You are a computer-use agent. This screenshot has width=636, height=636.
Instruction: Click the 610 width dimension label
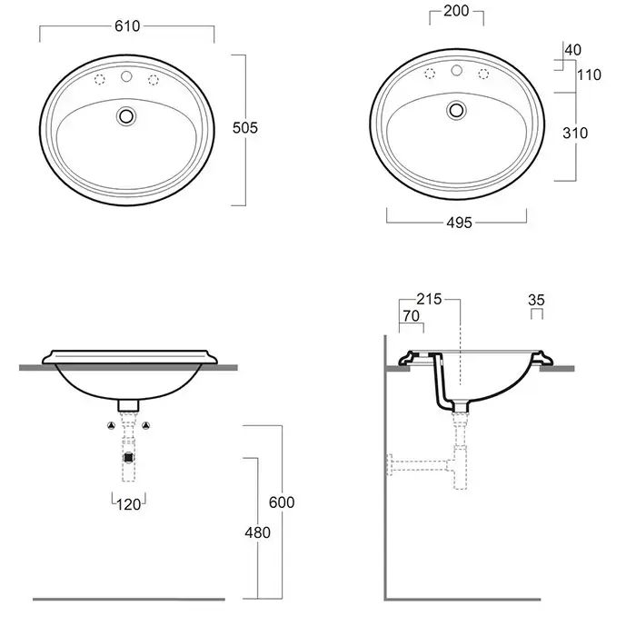coord(127,26)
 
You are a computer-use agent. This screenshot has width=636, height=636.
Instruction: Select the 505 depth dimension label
coord(245,128)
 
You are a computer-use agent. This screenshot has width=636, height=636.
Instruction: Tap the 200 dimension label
coord(456,11)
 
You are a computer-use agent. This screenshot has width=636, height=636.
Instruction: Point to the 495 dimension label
coord(459,223)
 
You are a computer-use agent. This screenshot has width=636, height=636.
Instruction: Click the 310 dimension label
coord(575,133)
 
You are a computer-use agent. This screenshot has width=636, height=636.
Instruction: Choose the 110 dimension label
coord(589,75)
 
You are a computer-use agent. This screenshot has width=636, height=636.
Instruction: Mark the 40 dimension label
coord(573,50)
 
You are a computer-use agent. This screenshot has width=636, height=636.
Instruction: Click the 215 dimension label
coord(429,299)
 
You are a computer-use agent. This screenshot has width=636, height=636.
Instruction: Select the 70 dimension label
coord(412,315)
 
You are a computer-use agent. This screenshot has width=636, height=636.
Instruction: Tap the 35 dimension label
coord(536,300)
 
